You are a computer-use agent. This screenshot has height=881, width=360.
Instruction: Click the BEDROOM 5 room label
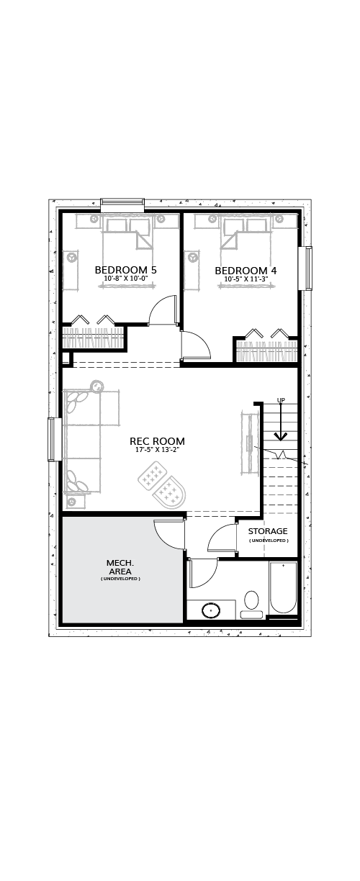125,270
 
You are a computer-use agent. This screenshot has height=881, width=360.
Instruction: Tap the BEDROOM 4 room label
246,271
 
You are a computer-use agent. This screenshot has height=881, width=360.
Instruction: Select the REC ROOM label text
158,441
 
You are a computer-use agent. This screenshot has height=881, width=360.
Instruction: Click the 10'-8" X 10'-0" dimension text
126,278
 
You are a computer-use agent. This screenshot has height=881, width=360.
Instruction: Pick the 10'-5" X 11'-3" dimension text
246,279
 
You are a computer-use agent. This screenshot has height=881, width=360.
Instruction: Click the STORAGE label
268,531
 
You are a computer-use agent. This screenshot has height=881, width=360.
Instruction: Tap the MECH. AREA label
119,567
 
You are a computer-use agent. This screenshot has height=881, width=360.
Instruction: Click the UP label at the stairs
281,400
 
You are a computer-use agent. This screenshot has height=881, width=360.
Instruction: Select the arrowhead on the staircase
281,436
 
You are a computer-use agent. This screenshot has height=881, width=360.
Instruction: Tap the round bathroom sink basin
211,610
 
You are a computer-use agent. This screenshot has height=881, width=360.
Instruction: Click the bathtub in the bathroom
283,587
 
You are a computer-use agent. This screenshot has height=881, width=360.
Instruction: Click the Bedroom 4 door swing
196,345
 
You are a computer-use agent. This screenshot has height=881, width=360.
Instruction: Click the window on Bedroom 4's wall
307,268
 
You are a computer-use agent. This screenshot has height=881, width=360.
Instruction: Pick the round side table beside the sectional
96,386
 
